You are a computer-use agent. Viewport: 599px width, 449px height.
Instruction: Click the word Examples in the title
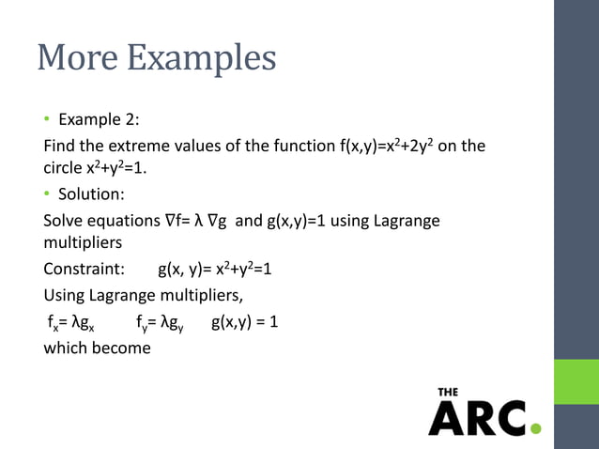point(201,60)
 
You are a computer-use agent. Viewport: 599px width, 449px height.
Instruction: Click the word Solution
point(88,196)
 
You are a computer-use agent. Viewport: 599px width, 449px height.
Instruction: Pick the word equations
point(125,222)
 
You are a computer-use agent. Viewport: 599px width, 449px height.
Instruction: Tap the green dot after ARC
point(535,429)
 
